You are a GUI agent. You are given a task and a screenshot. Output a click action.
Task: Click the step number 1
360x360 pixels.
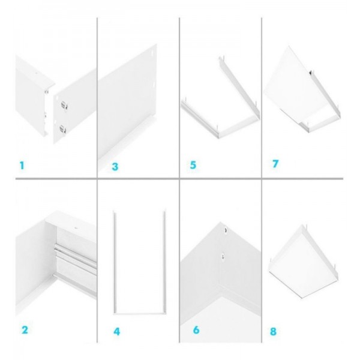click(x=22, y=166)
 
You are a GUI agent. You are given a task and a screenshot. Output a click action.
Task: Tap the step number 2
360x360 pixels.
click(x=25, y=330)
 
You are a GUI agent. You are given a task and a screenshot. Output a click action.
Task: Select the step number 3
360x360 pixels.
click(x=115, y=167)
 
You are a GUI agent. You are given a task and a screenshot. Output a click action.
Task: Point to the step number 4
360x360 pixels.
click(x=117, y=332)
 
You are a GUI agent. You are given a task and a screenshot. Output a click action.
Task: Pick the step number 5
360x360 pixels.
click(x=193, y=165)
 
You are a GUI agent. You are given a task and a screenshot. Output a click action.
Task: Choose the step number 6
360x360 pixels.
click(x=196, y=330)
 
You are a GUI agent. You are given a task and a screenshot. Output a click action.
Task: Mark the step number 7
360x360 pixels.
click(x=275, y=164)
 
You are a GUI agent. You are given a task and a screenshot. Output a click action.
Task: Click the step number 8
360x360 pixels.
click(x=273, y=332)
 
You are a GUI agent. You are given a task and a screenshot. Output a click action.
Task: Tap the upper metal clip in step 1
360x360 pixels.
click(x=64, y=105)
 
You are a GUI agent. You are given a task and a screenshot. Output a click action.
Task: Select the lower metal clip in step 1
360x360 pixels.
click(x=62, y=129)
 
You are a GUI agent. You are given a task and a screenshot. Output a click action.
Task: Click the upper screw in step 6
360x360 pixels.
click(x=226, y=230)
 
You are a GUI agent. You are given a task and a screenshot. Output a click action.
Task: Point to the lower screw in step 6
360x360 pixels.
click(x=223, y=256)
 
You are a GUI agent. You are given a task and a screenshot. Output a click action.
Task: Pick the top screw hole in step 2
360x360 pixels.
click(x=76, y=228)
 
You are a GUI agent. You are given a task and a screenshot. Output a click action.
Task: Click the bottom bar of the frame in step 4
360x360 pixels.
click(x=140, y=313)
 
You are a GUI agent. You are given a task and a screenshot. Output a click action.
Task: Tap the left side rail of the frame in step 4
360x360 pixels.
click(x=115, y=262)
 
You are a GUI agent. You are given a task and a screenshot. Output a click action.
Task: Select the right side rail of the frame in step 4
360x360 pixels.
click(x=164, y=262)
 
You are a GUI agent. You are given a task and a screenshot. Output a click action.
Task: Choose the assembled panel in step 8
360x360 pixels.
click(x=304, y=262)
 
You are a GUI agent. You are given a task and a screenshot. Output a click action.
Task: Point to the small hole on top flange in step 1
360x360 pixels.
click(x=36, y=74)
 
